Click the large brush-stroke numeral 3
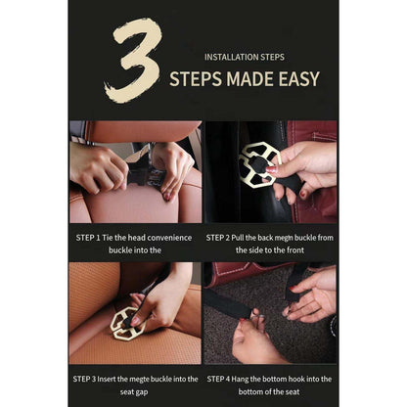(x=134, y=62)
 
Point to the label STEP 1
(x=88, y=238)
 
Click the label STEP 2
(x=218, y=238)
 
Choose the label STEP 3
(x=84, y=380)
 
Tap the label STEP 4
(x=218, y=380)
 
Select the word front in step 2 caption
(x=294, y=250)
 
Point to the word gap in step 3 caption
(x=142, y=392)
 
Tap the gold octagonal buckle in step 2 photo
(x=259, y=164)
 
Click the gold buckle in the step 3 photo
(x=127, y=324)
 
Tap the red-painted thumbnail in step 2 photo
(x=271, y=169)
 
